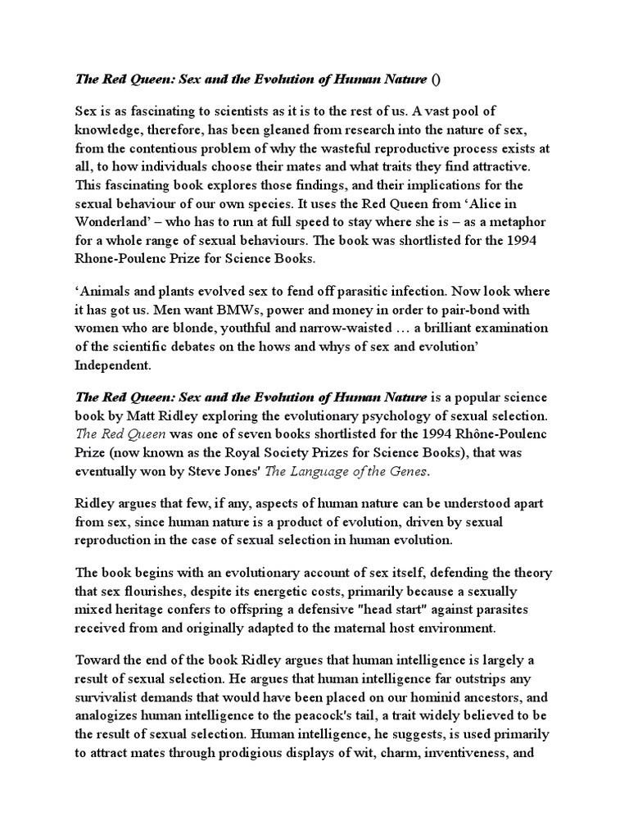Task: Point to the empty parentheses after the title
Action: point(436,79)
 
